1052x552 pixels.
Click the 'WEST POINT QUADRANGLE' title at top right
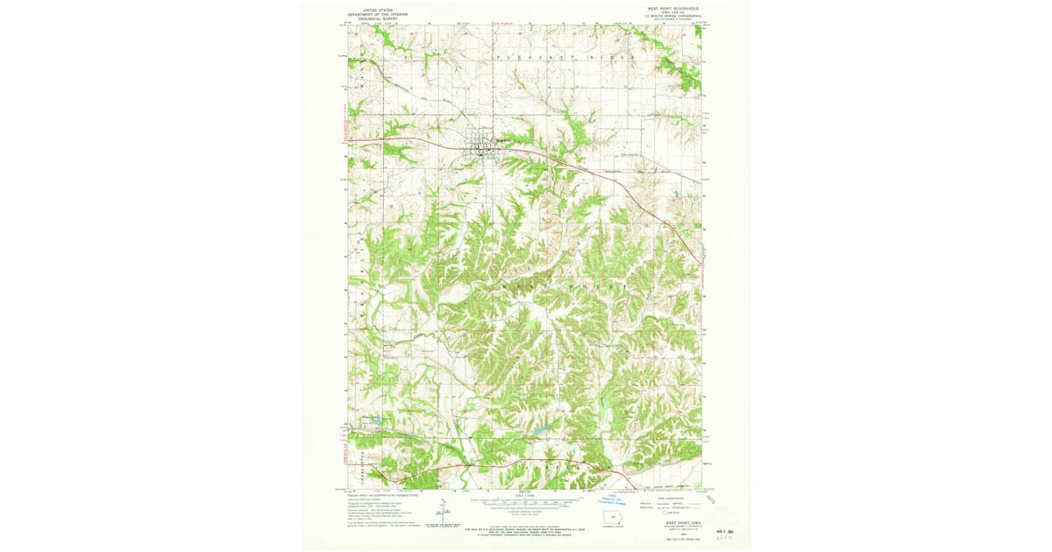[x=672, y=8]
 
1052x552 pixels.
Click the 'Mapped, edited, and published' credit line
[x=386, y=493]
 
